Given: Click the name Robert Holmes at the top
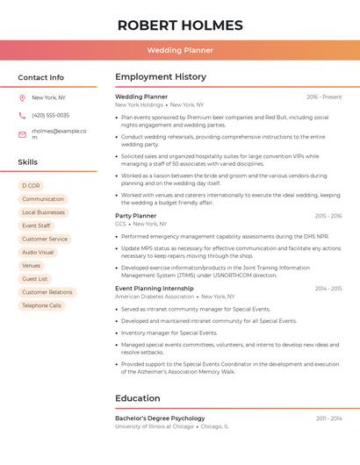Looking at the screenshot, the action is click(x=179, y=25).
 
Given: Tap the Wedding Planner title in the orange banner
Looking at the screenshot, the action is click(x=180, y=50).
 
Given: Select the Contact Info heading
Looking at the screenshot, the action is click(x=40, y=77).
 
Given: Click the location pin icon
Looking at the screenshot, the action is click(x=22, y=97).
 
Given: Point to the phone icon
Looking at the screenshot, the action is click(x=22, y=115).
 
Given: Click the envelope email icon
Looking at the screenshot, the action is click(x=22, y=134).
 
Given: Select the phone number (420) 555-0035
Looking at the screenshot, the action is click(x=50, y=115).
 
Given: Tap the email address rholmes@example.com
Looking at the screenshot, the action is click(x=59, y=133).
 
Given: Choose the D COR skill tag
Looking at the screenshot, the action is click(x=32, y=186).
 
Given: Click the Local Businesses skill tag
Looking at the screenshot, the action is click(x=43, y=212).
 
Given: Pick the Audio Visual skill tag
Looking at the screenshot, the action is click(x=38, y=252).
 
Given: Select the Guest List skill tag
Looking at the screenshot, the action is click(x=35, y=279).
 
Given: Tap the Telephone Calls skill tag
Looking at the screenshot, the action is click(x=41, y=305).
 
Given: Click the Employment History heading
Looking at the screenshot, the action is click(x=161, y=77).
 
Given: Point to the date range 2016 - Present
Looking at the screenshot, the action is click(x=324, y=97).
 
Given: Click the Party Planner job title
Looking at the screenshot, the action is click(x=136, y=216).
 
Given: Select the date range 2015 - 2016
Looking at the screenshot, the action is click(x=328, y=216).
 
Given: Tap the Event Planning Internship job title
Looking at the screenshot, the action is click(x=155, y=289).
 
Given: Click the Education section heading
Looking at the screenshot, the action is click(x=138, y=398).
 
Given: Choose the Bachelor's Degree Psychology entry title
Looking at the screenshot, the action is click(x=160, y=418).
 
